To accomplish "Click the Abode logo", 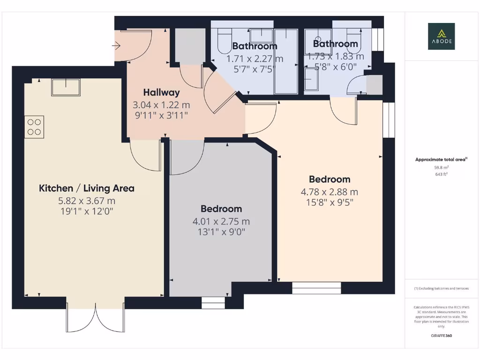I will (x=441, y=36).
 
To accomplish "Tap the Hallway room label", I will (x=162, y=92).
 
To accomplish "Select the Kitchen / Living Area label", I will (x=87, y=188).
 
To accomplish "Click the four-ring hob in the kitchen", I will (x=34, y=127).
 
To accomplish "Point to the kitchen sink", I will (x=66, y=87).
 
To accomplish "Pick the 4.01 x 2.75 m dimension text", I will (x=221, y=221).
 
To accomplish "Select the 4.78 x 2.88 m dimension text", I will (x=330, y=192).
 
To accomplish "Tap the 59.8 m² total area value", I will (x=441, y=167).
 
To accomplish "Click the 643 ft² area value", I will (x=441, y=174).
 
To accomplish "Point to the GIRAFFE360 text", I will (x=441, y=336).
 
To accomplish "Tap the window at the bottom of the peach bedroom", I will (x=316, y=288).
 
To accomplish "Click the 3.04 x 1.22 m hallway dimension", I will (x=162, y=105).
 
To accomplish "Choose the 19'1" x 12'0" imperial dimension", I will (x=87, y=211).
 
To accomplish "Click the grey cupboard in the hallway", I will (x=190, y=46).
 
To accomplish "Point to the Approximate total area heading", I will (x=441, y=160).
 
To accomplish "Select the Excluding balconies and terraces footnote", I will (x=441, y=288).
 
